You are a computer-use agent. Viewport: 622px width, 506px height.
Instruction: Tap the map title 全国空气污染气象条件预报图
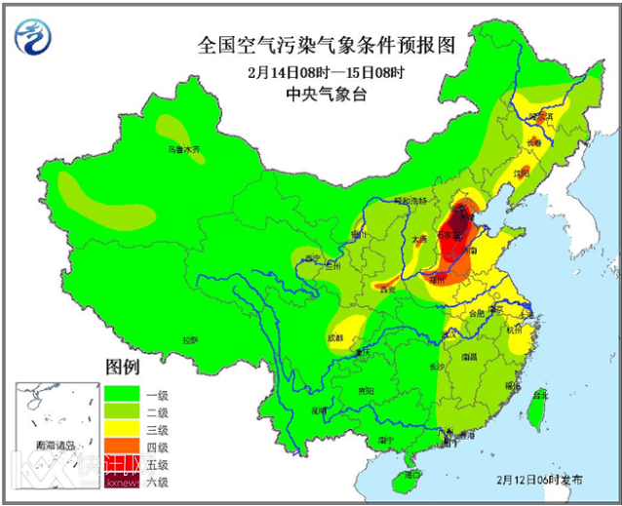tap(326, 45)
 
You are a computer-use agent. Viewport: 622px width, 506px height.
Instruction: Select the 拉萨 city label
tap(189, 340)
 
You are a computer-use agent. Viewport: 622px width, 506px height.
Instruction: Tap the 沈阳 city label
tap(523, 175)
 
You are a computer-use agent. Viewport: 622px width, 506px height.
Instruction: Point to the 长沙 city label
tap(437, 367)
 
